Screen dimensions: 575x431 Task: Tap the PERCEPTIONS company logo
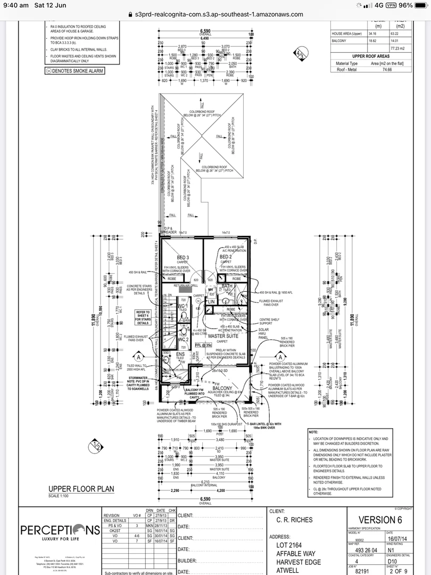60,530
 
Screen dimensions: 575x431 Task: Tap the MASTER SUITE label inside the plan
222,336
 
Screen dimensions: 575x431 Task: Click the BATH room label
227,286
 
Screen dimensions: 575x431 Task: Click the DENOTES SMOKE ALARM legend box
75,71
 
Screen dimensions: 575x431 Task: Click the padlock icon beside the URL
129,15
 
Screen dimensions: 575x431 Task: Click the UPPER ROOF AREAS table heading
370,56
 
